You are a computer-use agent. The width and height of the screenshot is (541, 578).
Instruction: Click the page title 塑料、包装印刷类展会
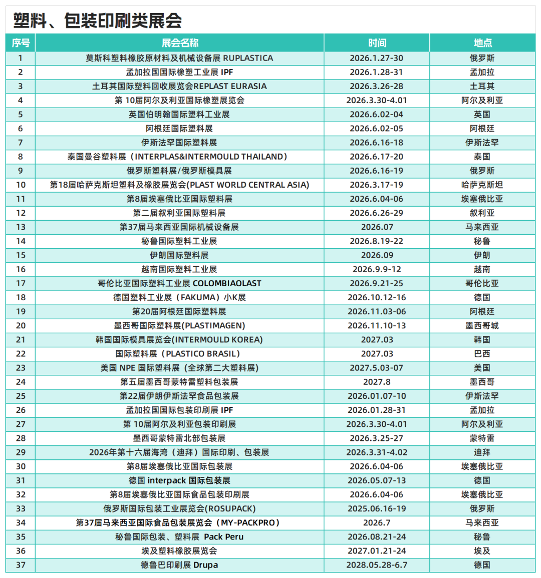tap(98, 21)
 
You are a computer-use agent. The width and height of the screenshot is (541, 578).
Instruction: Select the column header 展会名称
tap(179, 43)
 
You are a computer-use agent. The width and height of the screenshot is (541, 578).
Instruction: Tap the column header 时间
tap(377, 43)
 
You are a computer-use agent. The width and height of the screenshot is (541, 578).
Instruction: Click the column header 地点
tap(482, 43)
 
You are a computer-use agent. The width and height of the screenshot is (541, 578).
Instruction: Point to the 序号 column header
tap(21, 43)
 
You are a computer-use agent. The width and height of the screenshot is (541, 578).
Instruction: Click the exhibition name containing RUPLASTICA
tap(179, 58)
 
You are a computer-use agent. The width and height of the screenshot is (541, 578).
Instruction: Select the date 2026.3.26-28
tap(377, 86)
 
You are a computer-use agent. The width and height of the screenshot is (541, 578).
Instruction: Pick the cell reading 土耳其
tap(482, 86)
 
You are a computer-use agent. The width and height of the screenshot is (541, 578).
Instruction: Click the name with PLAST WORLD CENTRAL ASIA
tap(179, 185)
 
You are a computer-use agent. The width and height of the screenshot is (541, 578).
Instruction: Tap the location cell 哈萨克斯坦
tap(482, 185)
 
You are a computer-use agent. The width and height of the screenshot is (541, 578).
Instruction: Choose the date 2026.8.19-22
tap(377, 241)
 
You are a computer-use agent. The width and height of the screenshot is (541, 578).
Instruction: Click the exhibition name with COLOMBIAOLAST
tap(179, 283)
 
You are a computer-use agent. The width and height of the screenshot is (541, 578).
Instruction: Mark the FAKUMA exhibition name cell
tap(179, 297)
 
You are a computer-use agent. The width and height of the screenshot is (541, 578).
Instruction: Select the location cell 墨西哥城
tap(482, 325)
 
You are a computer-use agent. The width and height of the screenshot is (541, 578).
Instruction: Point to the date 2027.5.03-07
tap(377, 368)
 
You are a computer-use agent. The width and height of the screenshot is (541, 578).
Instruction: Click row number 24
tap(21, 382)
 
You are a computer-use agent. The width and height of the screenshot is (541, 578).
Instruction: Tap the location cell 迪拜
tap(482, 452)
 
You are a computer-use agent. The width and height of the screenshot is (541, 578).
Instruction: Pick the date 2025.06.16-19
tap(377, 508)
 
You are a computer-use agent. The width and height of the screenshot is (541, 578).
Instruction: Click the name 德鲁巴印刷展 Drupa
tap(179, 565)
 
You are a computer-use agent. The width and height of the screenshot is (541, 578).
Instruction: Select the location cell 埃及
tap(482, 551)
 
